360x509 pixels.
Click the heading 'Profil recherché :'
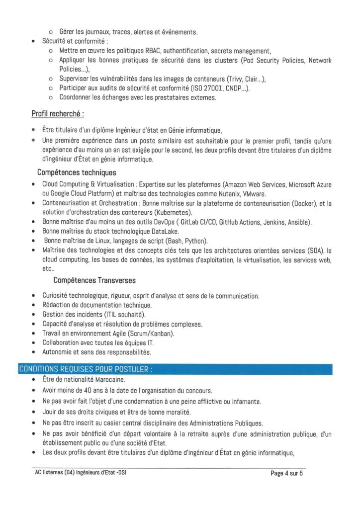tap(57, 114)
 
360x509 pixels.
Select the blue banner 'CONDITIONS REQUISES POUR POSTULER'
tap(85, 369)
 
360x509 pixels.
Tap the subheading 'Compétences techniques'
tap(77, 172)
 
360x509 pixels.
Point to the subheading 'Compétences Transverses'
tap(94, 280)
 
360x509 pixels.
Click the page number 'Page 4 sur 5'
tap(287, 473)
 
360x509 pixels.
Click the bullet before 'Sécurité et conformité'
tap(33, 41)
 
